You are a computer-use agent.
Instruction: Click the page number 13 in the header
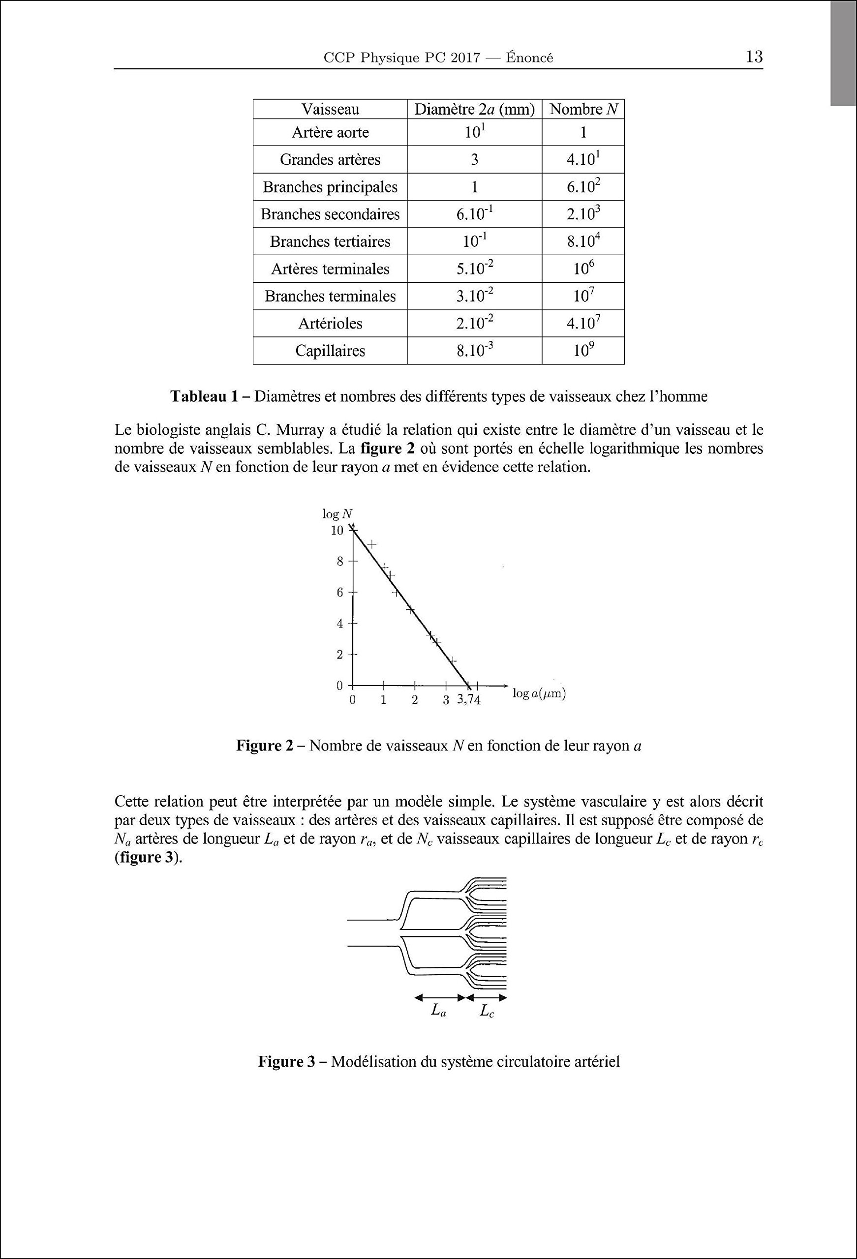coord(754,57)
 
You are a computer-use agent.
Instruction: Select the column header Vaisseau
coord(330,110)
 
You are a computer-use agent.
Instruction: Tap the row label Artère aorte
coord(330,133)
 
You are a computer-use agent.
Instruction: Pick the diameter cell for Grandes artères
coord(474,160)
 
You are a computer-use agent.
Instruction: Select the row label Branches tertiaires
coord(330,241)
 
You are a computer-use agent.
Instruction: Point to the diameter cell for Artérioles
coord(474,324)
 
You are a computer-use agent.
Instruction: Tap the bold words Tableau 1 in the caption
coord(204,396)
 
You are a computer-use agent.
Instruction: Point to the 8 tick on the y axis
coord(340,562)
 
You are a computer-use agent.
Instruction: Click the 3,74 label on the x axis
coord(469,700)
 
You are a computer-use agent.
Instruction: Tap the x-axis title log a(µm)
coord(539,694)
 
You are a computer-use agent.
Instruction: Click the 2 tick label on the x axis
coord(415,700)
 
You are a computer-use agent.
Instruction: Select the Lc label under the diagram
coord(487,1011)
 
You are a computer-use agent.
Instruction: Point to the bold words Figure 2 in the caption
coord(264,747)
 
